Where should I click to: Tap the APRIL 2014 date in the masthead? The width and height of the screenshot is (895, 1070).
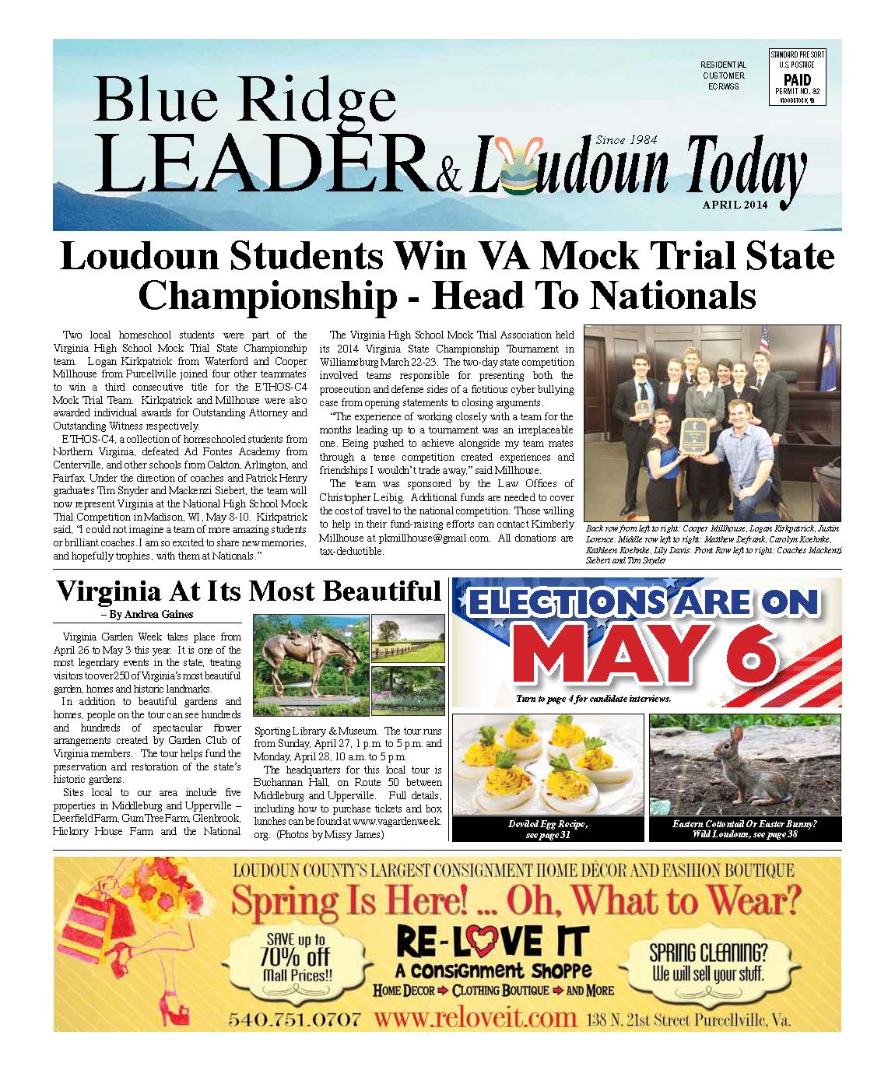[735, 205]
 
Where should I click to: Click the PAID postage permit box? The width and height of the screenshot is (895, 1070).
[797, 77]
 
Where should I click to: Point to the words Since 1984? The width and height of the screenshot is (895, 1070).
[626, 140]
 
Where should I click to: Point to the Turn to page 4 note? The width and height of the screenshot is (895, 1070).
[593, 699]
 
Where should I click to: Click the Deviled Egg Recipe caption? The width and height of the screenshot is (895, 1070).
[548, 830]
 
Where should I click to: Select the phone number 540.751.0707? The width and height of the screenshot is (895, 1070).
[295, 1018]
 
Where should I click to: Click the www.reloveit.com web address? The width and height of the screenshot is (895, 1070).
[475, 1018]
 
